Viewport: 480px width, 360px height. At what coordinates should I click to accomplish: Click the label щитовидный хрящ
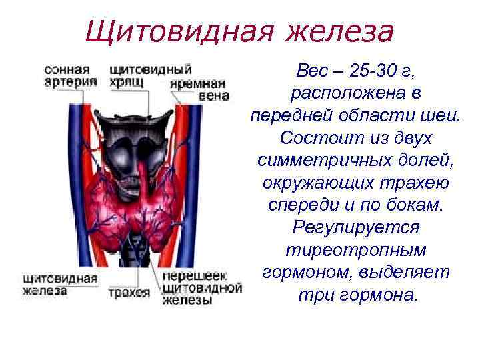150,76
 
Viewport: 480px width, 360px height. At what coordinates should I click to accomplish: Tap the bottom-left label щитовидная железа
60,284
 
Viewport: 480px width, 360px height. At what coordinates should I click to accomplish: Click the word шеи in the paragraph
440,116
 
